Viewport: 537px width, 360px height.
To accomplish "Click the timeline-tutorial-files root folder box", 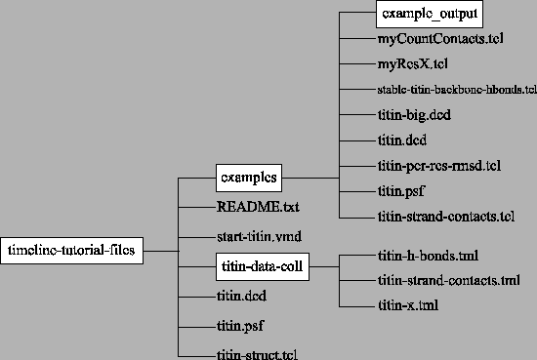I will [73, 250].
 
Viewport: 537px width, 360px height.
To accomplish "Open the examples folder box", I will [248, 178].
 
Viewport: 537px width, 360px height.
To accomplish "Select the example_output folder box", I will [430, 16].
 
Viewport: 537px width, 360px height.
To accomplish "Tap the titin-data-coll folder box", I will [262, 264].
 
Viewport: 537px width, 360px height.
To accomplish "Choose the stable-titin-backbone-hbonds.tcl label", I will [456, 91].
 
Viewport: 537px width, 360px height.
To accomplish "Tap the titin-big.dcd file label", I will [413, 115].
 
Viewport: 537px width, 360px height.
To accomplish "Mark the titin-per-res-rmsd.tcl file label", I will [438, 165].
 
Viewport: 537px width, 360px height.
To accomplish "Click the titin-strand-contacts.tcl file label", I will [445, 215].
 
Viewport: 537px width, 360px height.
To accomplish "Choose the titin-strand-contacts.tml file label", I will [447, 281].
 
